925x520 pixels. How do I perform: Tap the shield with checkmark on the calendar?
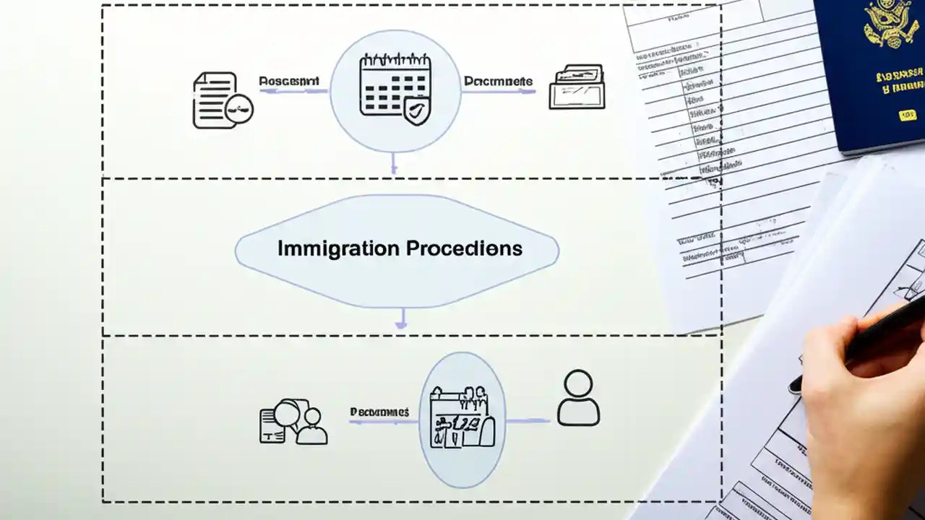coord(417,113)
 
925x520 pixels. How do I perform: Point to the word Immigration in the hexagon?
coord(338,248)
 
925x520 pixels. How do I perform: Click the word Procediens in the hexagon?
coord(464,248)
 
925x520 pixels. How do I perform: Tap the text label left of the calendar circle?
coord(288,82)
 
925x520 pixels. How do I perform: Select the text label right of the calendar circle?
coord(498,82)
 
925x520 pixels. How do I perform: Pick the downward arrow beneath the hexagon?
coord(401,319)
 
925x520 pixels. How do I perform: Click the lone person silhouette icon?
coord(578,398)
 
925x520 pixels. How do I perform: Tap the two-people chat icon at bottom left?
coord(293,422)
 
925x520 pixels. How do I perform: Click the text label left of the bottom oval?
coord(379,412)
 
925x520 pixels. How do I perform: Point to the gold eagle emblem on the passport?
coord(891,25)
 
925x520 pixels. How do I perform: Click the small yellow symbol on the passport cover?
coord(908,115)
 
